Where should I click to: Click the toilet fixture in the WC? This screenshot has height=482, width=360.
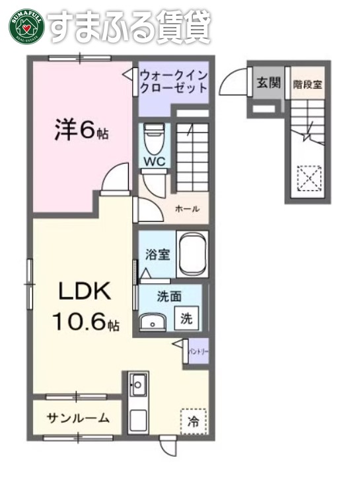pos(154,137)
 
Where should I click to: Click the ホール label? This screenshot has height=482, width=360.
pos(186,209)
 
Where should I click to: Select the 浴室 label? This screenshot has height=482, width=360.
pos(156,254)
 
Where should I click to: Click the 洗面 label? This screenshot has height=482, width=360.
pos(168,296)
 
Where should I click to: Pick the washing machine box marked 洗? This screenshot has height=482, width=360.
pos(188,318)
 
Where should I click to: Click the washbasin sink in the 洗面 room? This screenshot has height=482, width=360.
pos(154,322)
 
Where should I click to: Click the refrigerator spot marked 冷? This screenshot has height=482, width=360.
pos(193,420)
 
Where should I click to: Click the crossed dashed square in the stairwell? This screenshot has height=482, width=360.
pos(308,176)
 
